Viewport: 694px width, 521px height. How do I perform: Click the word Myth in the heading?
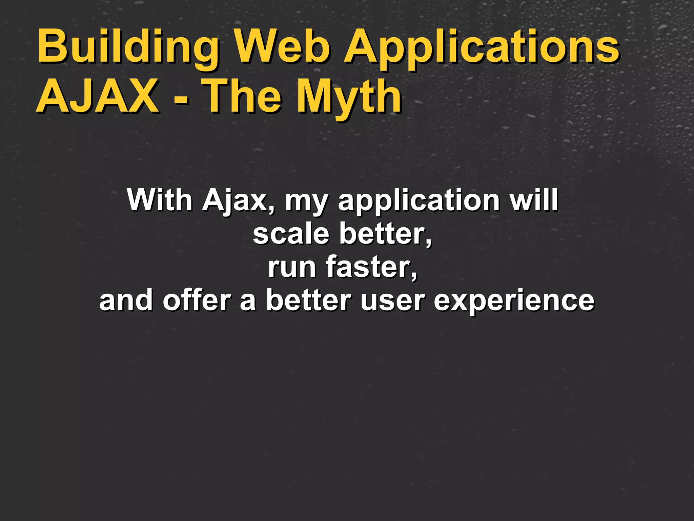(x=349, y=97)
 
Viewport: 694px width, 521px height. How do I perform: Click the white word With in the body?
(x=159, y=200)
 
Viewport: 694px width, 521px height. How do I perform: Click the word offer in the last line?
(x=197, y=300)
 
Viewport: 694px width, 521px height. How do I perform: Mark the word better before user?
(x=308, y=300)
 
